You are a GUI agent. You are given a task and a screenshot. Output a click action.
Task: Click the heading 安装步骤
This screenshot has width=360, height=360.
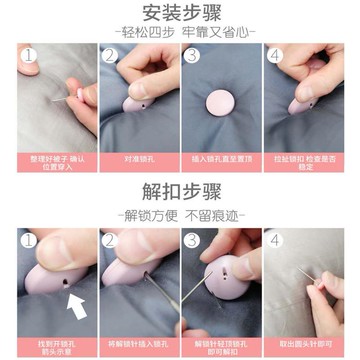pyautogui.click(x=180, y=13)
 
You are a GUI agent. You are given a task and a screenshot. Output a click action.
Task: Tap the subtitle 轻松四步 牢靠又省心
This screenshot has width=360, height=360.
pyautogui.click(x=180, y=32)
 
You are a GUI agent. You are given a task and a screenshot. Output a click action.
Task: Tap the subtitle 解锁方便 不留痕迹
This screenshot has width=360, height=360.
pyautogui.click(x=180, y=213)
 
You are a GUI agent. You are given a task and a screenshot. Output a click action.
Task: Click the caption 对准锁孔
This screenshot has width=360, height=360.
pyautogui.click(x=137, y=159)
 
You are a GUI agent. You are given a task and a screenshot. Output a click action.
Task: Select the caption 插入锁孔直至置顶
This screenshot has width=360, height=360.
pyautogui.click(x=222, y=159)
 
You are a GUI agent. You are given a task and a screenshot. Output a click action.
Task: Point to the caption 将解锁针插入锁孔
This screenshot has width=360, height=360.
pyautogui.click(x=137, y=340)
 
